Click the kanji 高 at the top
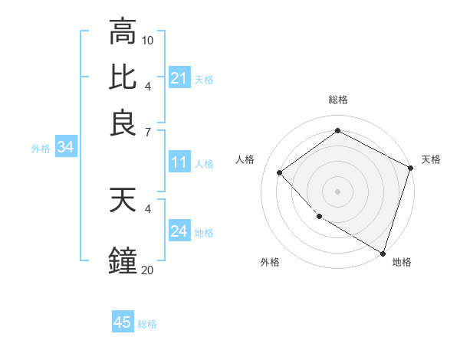123,32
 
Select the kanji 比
123,77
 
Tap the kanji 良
123,123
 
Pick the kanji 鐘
123,260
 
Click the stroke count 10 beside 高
148,39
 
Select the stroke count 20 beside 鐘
148,269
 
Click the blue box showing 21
179,78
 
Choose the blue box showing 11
179,162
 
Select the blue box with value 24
179,232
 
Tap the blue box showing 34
65,148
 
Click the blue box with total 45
123,322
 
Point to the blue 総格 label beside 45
147,324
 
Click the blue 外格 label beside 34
41,149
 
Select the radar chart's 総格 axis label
337,100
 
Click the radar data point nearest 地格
383,252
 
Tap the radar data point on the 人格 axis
280,172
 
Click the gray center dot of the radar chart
337,191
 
